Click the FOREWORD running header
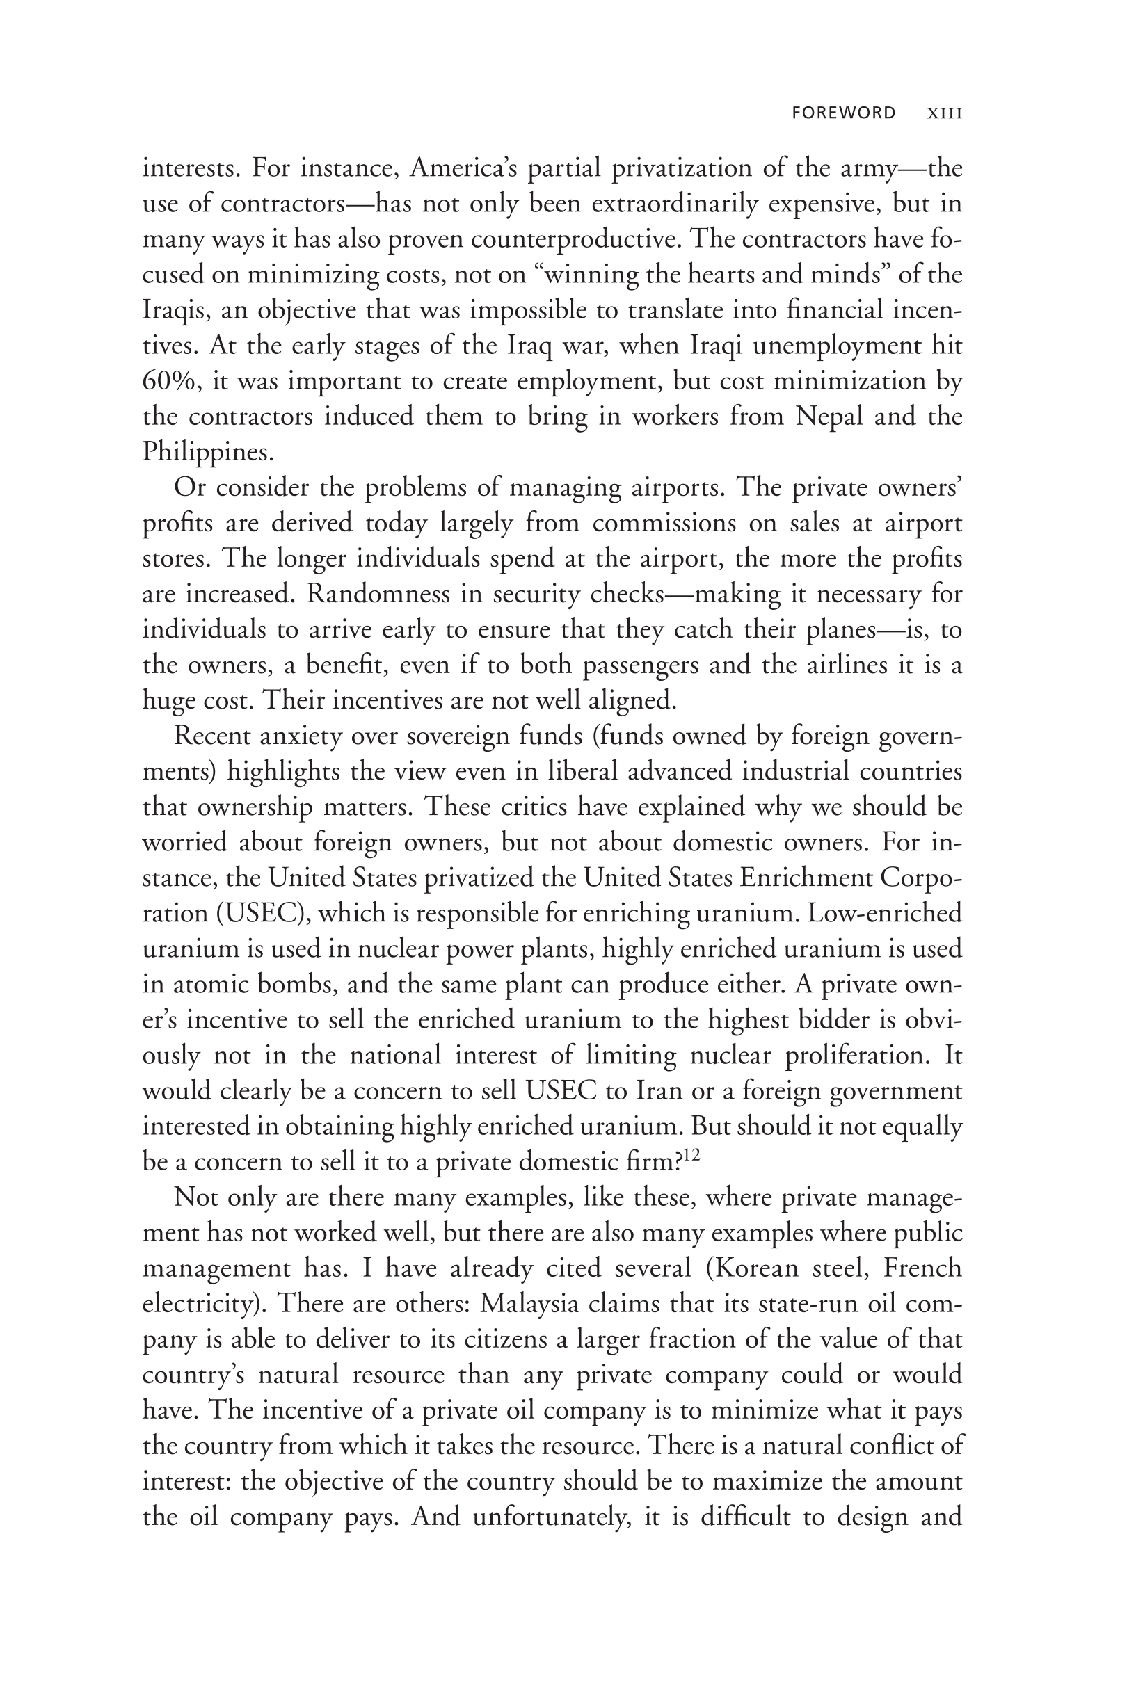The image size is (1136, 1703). [843, 113]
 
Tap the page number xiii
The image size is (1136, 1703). [945, 113]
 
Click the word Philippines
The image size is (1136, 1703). [208, 452]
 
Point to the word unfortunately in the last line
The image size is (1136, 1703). [552, 1517]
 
